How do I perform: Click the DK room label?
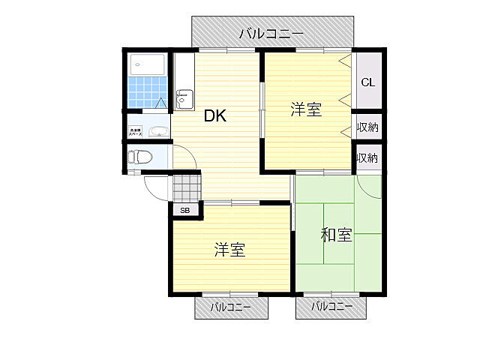coord(216,116)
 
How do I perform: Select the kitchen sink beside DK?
coord(184,98)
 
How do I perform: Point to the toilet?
coord(139,157)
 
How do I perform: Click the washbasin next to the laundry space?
coord(157,131)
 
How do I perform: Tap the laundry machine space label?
coord(136,131)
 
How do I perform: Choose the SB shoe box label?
coord(185,211)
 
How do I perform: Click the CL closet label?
coord(367,82)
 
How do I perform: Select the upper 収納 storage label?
coord(367,127)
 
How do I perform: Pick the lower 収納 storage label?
coord(367,158)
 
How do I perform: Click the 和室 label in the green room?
coord(336,235)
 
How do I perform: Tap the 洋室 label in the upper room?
coord(306,110)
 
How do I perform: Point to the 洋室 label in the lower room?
coord(229,250)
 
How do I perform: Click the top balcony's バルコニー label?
coord(271,34)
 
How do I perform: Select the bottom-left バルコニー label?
coord(231,307)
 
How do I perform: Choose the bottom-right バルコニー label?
coord(331,307)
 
